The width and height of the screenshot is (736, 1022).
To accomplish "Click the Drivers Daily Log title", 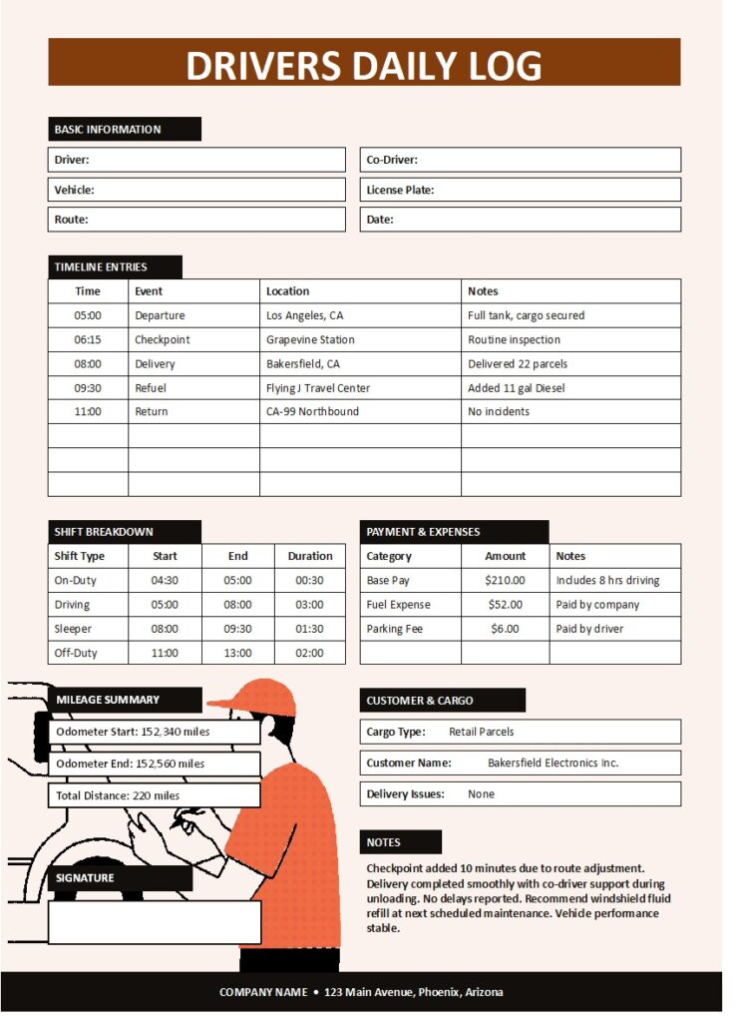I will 364,65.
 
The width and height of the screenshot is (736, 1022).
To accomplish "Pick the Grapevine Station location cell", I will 310,339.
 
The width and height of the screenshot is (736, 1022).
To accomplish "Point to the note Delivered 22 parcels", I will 518,364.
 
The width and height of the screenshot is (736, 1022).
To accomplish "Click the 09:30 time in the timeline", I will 88,388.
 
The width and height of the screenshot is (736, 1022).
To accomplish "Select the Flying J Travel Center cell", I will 318,388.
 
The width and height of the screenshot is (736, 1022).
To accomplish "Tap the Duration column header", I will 310,556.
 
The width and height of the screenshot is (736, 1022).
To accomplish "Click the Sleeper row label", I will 73,629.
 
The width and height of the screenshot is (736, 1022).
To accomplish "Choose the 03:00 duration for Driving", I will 310,605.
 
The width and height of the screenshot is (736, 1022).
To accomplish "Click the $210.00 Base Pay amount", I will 505,581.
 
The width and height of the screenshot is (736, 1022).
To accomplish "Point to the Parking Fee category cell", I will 395,629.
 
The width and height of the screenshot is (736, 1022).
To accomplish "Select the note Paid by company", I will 597,605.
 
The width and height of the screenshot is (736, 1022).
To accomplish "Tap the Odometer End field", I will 155,764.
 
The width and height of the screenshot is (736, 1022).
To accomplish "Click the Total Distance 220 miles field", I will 155,795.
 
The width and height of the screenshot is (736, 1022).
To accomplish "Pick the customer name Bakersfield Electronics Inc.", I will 552,763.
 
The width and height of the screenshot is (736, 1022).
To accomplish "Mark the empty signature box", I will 155,922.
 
